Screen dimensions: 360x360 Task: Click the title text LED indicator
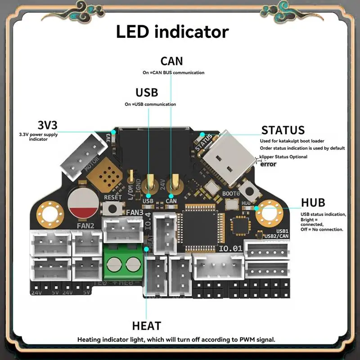point(172,32)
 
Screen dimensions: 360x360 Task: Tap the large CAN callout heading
point(172,61)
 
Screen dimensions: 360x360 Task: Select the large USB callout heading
point(147,93)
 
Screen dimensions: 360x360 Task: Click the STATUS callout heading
point(283,130)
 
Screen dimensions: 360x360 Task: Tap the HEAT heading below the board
point(146,325)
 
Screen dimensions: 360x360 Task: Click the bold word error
point(269,164)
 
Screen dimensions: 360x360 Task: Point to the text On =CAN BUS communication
point(173,72)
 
